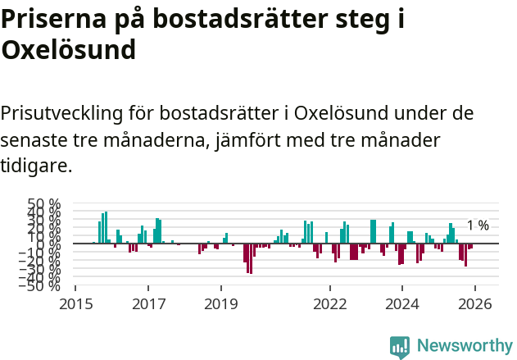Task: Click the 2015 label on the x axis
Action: coord(75,303)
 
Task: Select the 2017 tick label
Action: coord(148,303)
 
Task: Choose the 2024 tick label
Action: coord(402,303)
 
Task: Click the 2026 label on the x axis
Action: coord(475,303)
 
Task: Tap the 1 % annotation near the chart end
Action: coord(478,226)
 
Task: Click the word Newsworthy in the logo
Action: coord(464,345)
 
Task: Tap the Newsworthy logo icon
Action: coord(400,346)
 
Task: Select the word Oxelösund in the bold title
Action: coord(68,51)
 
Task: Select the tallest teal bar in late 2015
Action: coord(106,227)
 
